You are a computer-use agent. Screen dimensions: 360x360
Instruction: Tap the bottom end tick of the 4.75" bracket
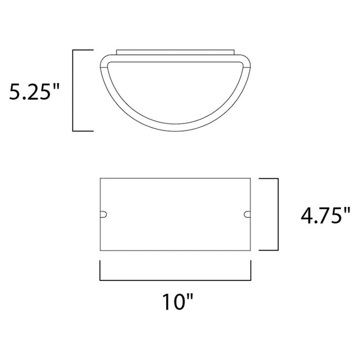click(x=269, y=249)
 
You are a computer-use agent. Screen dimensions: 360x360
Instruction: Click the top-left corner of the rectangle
click(x=100, y=178)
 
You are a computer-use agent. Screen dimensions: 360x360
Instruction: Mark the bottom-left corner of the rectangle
click(x=100, y=249)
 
